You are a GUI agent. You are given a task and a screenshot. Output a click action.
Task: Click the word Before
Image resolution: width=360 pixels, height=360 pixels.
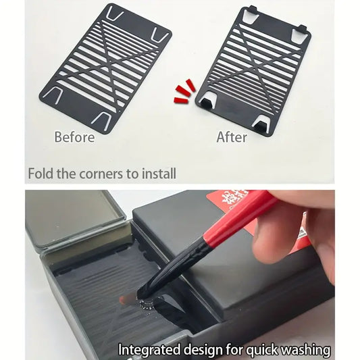74,137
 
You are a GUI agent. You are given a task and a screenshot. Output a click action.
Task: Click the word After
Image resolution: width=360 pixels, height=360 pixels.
232,137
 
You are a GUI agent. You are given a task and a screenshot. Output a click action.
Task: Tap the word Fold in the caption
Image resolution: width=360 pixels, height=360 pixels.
41,174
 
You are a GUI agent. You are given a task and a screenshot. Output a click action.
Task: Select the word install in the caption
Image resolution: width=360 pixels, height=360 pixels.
159,174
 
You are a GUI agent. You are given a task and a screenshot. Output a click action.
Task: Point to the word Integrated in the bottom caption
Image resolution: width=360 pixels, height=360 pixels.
149,350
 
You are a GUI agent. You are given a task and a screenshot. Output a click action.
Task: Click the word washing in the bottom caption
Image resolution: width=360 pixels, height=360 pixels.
306,350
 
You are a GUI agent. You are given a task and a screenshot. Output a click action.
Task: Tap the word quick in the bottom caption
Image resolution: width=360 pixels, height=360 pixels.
261,350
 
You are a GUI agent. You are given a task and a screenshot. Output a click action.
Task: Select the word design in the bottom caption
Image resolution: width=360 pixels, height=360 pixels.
203,349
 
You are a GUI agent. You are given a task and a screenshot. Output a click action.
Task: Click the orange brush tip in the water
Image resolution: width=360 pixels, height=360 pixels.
127,299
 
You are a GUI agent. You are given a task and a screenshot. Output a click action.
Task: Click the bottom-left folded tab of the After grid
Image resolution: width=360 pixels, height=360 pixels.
208,101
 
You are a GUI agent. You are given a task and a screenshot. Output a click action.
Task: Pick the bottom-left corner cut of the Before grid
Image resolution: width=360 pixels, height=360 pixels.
53,95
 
